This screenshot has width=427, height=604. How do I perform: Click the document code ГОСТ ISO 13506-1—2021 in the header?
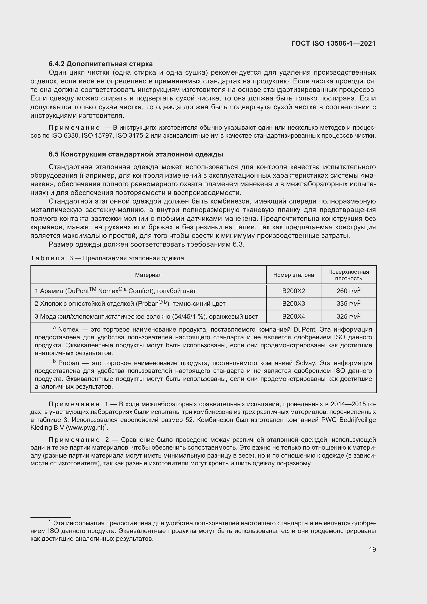333,43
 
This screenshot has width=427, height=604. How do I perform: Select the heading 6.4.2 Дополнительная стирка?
100,64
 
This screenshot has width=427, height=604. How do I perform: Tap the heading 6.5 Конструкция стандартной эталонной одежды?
136,154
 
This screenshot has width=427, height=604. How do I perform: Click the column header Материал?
148,275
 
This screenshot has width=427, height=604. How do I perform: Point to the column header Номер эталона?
294,275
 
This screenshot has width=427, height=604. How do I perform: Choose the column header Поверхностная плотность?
348,275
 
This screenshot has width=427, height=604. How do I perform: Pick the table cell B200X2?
294,291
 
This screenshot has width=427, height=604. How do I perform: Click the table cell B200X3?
294,304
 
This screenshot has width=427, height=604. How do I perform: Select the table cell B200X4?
294,317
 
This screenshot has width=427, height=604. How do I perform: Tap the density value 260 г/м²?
348,291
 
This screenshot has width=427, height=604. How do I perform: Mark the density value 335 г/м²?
348,303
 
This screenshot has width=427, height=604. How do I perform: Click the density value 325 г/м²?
348,316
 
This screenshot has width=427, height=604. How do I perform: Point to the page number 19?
372,549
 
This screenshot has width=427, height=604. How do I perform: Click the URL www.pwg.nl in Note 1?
86,428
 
